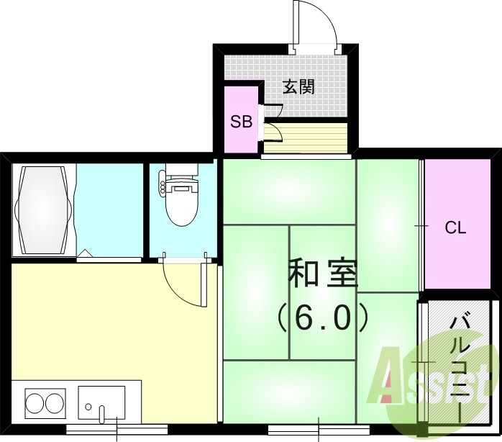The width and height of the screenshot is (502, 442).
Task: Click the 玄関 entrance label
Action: [x=298, y=88]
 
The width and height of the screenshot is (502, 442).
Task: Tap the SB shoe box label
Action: [x=241, y=122]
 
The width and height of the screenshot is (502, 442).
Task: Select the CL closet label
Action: [x=455, y=228]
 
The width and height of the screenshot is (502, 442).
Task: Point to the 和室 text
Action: [x=323, y=274]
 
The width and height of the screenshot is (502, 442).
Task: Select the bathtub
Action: [x=44, y=209]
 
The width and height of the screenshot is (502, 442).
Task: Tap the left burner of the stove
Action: [x=35, y=401]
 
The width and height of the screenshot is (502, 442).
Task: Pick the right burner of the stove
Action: [x=55, y=401]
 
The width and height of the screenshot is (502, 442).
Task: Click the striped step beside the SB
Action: [x=306, y=135]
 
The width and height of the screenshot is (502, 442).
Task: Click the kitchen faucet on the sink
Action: [x=102, y=413]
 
